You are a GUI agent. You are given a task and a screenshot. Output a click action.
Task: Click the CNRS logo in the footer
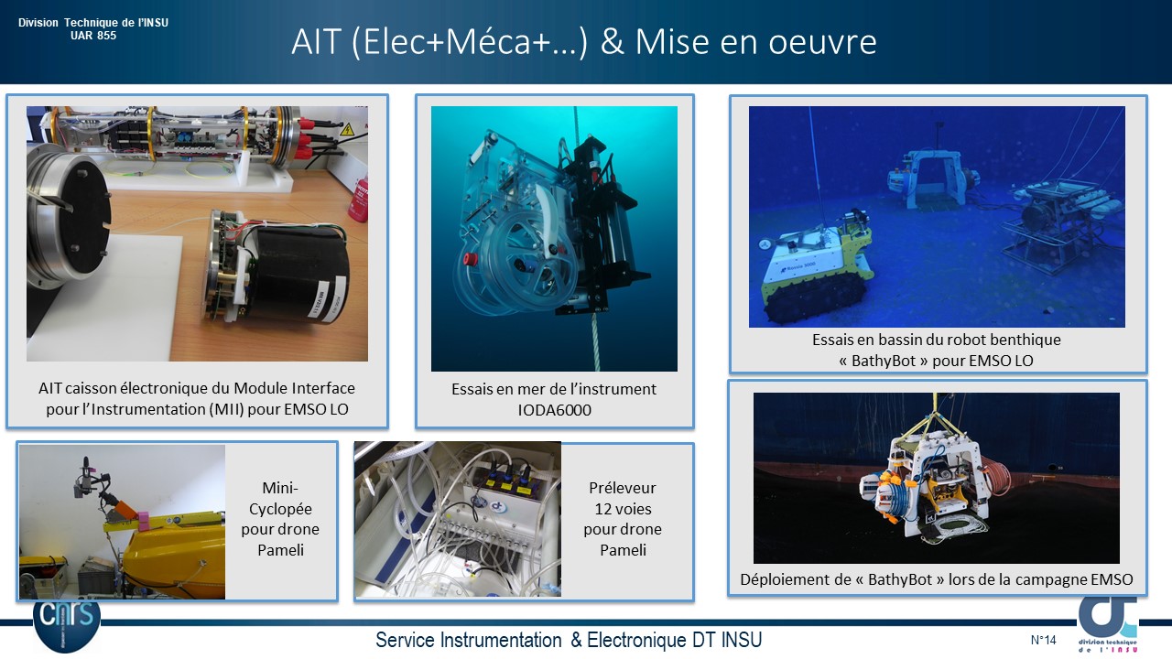tap(67, 625)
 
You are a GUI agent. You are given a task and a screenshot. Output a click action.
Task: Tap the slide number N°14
tap(1043, 640)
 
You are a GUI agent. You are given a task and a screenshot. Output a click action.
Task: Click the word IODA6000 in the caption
tap(554, 409)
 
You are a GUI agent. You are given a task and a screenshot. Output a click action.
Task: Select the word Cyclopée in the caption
tap(280, 509)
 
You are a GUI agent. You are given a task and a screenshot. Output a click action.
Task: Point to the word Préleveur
tap(622, 488)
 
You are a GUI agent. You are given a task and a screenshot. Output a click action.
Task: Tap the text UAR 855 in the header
tap(93, 36)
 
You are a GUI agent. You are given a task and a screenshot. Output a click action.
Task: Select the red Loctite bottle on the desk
tap(358, 200)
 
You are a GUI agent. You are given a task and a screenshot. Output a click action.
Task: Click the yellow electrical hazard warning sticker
tap(346, 129)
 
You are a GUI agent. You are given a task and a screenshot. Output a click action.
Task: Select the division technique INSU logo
tap(1108, 625)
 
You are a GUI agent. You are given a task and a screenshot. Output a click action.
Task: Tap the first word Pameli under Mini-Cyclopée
tap(280, 550)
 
